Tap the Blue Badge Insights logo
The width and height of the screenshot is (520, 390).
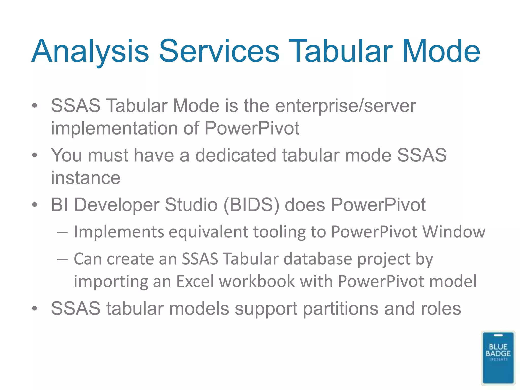click(x=498, y=358)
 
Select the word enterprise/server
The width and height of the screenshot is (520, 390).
click(x=346, y=106)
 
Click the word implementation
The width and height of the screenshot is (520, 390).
click(x=114, y=128)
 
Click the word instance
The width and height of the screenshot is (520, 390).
click(x=86, y=178)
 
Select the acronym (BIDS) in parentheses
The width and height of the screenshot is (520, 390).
click(x=251, y=205)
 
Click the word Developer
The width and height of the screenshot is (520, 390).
click(x=117, y=205)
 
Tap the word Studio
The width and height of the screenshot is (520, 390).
click(x=191, y=205)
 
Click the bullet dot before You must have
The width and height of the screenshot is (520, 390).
click(x=35, y=155)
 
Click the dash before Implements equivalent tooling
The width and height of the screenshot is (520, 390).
click(x=62, y=232)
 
